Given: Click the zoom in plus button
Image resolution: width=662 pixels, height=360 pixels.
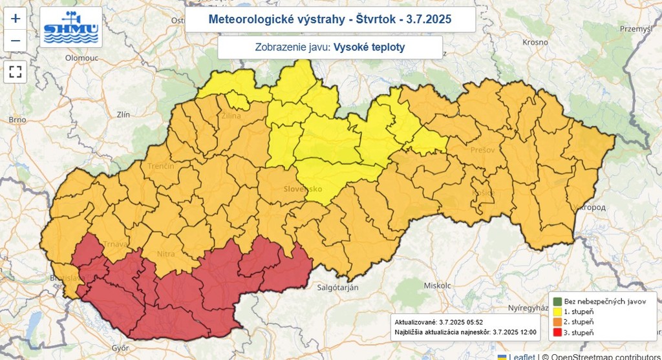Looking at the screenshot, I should pos(16,19).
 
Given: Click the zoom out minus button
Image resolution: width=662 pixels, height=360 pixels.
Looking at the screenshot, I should pos(16,41).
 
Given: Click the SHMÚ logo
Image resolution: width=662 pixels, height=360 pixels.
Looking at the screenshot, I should pos(70,28).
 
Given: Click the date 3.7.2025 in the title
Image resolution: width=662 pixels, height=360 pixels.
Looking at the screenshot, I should pos(429,20).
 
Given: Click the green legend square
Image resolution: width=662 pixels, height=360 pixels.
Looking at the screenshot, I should pos(557,301).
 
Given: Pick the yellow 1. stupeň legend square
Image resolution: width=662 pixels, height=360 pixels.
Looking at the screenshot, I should pos(557,312).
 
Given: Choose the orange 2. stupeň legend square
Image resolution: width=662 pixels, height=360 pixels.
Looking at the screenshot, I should pos(557,322).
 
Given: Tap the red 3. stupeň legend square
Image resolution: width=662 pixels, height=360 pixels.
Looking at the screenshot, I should pos(557,332).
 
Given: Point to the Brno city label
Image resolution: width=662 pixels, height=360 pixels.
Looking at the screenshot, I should pos(17,120).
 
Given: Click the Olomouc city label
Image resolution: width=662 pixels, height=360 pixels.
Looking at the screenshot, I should pos(81,58).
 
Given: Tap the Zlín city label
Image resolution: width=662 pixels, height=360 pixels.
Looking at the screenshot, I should pos(123,114).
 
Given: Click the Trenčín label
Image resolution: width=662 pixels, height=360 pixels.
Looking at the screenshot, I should pos(160,166).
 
